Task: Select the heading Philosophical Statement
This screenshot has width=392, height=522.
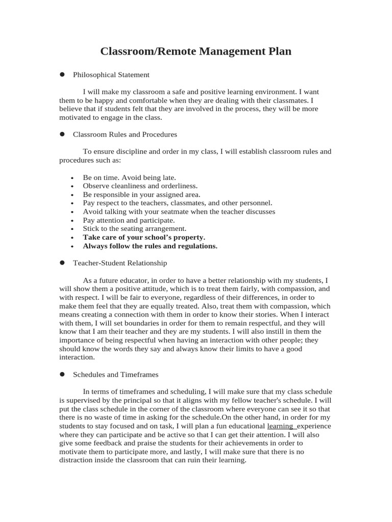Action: click(x=111, y=75)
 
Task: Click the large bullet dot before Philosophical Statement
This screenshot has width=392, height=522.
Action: click(x=62, y=74)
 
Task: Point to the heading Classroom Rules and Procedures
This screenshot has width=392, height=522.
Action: click(x=125, y=135)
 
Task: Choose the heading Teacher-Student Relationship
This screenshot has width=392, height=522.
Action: click(x=120, y=263)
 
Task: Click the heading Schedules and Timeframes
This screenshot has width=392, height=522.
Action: click(x=116, y=374)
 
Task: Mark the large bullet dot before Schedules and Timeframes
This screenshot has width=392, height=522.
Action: click(x=62, y=374)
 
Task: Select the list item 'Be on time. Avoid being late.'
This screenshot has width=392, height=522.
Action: click(x=129, y=177)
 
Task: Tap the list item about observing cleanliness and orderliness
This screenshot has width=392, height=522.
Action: click(x=140, y=186)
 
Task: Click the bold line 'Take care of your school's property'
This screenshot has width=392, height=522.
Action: click(x=144, y=238)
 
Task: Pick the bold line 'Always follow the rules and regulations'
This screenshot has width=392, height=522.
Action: click(x=150, y=246)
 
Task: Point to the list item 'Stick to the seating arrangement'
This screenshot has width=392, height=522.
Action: click(x=135, y=229)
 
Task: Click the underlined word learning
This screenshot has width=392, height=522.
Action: click(x=280, y=426)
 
